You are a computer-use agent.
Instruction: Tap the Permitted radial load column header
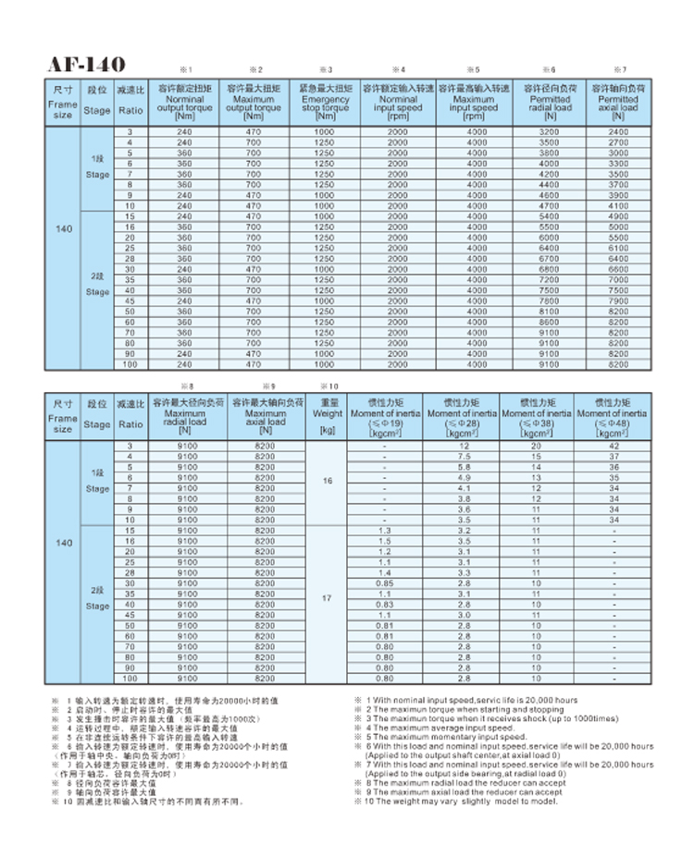[x=550, y=102]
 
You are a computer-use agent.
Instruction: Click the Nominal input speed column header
[x=398, y=102]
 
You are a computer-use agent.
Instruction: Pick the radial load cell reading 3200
[x=550, y=132]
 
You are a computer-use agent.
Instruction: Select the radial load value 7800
[x=550, y=300]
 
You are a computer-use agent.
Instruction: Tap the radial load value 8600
[x=550, y=322]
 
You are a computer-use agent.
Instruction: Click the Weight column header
[x=326, y=414]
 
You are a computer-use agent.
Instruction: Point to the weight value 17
[x=326, y=598]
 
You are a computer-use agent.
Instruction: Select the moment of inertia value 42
[x=612, y=447]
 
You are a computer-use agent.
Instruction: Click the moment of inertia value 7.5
[x=462, y=457]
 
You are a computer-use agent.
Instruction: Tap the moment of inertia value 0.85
[x=384, y=583]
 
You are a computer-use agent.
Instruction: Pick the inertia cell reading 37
[x=612, y=457]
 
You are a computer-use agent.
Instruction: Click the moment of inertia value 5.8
[x=462, y=468]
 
